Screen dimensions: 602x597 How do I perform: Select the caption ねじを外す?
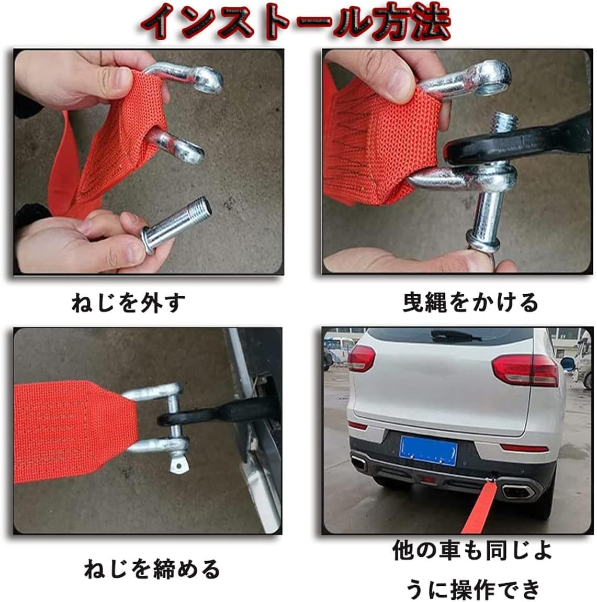click(128, 303)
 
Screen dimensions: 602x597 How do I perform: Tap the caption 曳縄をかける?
click(470, 303)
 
